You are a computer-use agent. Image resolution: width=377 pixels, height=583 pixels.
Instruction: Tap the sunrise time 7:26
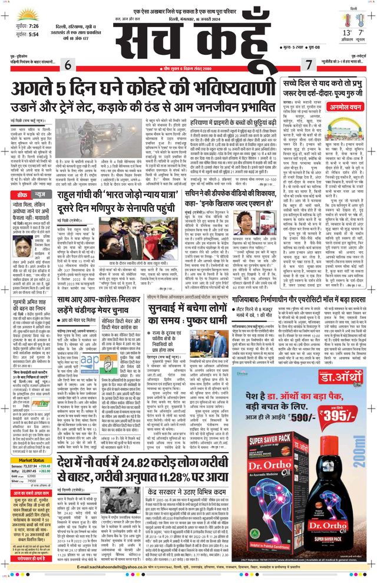click(x=34, y=27)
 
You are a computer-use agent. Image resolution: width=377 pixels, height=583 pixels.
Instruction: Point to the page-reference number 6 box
click(x=68, y=64)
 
